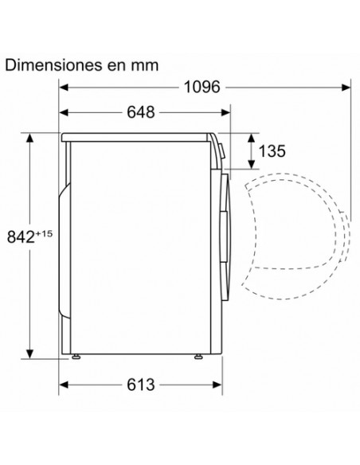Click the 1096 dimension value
click(202, 88)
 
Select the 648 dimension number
click(141, 112)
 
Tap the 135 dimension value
click(272, 151)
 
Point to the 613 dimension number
click(141, 385)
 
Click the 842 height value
click(21, 237)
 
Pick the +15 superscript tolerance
click(44, 233)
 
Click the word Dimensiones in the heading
click(53, 64)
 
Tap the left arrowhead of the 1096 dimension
click(64, 88)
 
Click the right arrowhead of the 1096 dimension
click(346, 88)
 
